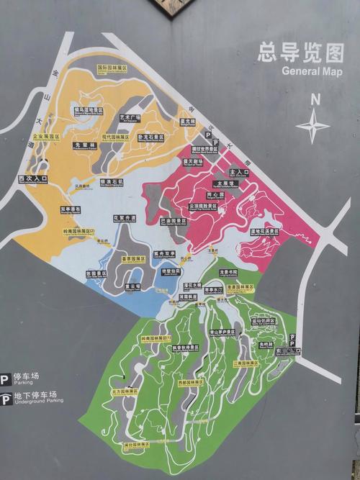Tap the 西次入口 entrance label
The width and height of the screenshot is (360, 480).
(x=32, y=178)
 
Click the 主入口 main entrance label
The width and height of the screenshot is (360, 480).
(x=238, y=173)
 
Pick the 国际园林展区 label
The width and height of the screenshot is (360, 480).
(x=112, y=68)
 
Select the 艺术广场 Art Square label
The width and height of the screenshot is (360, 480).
(x=130, y=117)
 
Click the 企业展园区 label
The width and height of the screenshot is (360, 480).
(x=46, y=135)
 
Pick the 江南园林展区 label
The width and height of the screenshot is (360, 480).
(x=246, y=363)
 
